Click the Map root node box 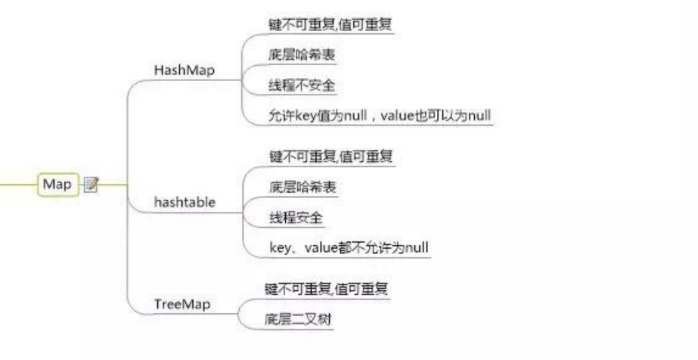coord(57,184)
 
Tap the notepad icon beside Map coord(92,184)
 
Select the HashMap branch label coord(185,70)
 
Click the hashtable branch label coord(185,202)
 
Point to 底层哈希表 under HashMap coord(302,54)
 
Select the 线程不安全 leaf coord(302,85)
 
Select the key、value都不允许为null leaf coord(349,247)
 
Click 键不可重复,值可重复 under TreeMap coord(327,288)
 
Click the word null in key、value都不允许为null coord(417,247)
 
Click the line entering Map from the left coord(17,184)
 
